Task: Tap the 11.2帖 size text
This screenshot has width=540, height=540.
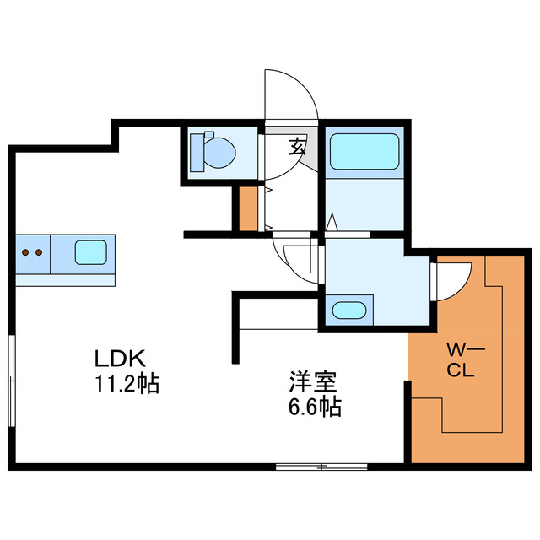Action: pos(127,385)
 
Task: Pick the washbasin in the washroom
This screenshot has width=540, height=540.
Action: pos(351,309)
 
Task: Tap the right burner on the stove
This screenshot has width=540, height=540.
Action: pos(38,251)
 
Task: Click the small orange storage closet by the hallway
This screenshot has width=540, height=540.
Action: pos(248,209)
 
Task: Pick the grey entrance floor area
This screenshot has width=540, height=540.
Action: pos(307,152)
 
